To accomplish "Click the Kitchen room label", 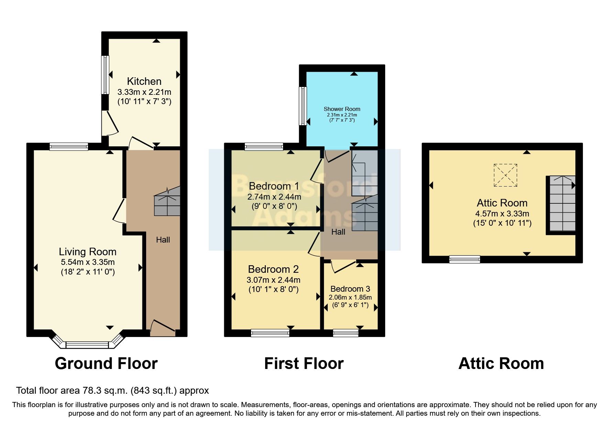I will pos(144,81).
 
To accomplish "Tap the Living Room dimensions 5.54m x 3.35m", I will pos(88,262).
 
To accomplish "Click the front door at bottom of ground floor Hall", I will pos(162,327).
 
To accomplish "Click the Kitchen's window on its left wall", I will pos(105,75).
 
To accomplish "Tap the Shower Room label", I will pos(342,109).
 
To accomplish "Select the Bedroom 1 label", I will pos(274,186).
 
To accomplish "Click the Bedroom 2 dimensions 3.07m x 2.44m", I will pos(273,280).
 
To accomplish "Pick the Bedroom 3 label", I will pos(350,289).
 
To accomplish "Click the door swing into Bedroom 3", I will pos(342,267).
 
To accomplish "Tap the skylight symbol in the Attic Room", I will pos(505,175).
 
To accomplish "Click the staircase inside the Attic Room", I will pos(562,203).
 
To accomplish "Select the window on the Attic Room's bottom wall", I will pos(465,259).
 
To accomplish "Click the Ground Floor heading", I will pos(106,363).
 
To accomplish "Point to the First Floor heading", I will pos(304,363).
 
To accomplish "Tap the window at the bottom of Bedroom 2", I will pos(270,333).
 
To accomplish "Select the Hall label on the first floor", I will pos(338,232).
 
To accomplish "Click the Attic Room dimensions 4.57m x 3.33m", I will pos(502,213).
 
